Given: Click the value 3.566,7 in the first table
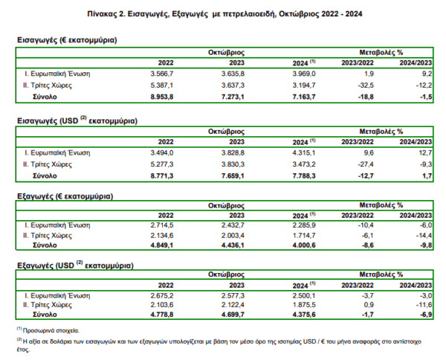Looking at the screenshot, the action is [162, 74].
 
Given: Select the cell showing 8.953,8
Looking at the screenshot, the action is [162, 97].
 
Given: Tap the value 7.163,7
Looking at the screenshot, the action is [304, 97].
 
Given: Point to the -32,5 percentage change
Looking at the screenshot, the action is [366, 86].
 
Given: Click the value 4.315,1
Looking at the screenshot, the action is [304, 153].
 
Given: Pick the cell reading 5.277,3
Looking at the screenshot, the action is [162, 164].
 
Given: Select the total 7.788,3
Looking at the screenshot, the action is [304, 176].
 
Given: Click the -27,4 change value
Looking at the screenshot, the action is [366, 164].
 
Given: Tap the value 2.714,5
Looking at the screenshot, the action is [162, 225].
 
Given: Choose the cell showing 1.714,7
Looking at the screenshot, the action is [304, 236].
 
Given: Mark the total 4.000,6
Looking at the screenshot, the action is [304, 245].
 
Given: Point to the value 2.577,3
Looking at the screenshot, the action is [233, 296].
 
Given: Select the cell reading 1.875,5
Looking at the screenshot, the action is [304, 305].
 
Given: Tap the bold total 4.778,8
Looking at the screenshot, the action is [162, 315].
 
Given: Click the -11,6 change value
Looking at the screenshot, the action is [424, 305].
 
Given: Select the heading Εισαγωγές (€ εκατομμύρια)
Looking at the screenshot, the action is [67, 40].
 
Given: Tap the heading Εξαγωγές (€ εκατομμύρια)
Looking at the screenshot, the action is [65, 196].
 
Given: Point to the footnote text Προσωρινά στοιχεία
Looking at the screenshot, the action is [51, 331].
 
